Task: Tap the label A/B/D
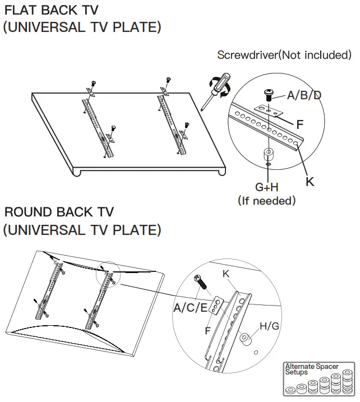[x=304, y=95]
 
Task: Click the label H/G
[x=269, y=326]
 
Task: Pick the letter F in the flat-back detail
[x=300, y=124]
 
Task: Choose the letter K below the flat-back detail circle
[x=310, y=181]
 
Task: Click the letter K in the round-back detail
[x=226, y=274]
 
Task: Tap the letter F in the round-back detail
[x=207, y=331]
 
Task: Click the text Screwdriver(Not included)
[x=284, y=55]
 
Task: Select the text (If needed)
[x=266, y=200]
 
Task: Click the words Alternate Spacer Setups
[x=311, y=369]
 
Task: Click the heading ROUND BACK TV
[x=59, y=212]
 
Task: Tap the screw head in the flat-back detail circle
[x=269, y=93]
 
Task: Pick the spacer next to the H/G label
[x=245, y=339]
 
